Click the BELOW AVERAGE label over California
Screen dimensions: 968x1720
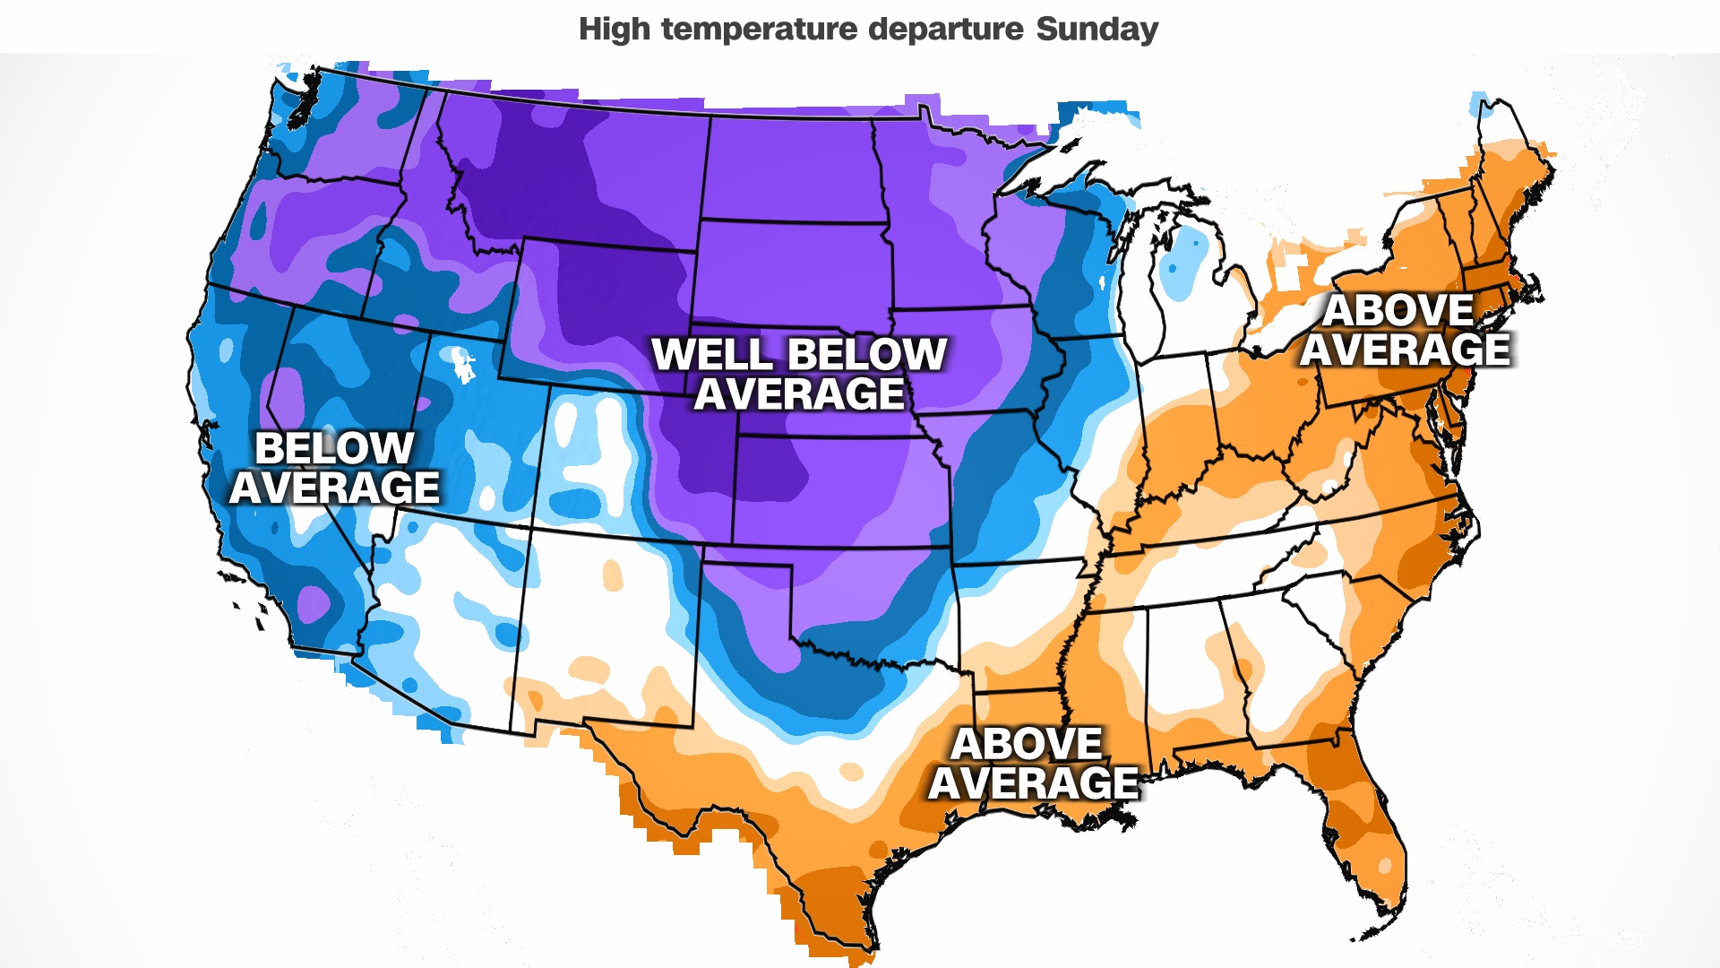click(334, 468)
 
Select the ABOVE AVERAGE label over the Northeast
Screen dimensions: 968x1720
click(1405, 330)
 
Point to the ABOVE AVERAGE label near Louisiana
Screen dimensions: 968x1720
click(1032, 764)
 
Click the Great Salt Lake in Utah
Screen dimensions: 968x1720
click(463, 362)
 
